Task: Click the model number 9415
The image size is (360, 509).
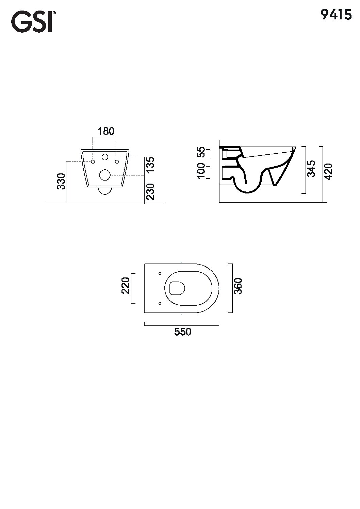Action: click(336, 15)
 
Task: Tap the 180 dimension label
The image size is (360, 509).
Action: click(106, 131)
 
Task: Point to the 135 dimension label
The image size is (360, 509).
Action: click(150, 165)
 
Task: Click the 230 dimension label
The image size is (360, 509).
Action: click(150, 192)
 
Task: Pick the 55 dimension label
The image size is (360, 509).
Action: click(201, 152)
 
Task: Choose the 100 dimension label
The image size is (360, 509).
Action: click(201, 171)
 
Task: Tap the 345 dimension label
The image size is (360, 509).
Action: click(311, 168)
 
